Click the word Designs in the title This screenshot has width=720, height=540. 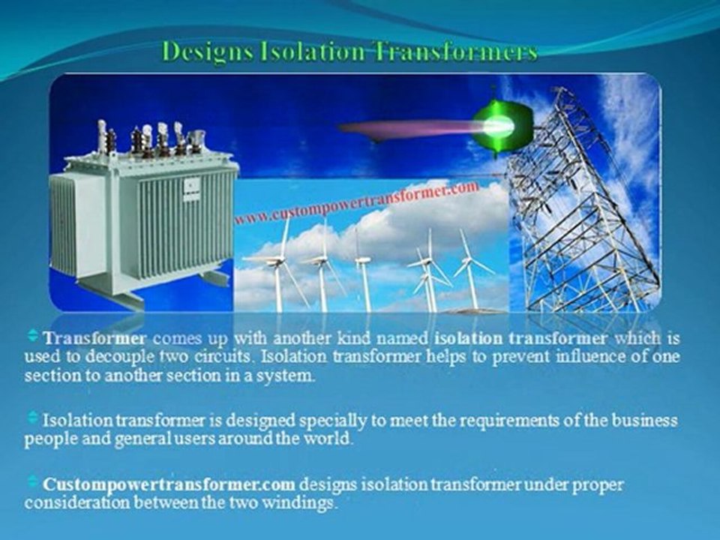point(208,51)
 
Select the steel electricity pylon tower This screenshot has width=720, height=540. point(583,202)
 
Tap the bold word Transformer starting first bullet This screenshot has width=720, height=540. point(95,339)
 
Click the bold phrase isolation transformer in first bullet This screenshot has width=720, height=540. point(520,339)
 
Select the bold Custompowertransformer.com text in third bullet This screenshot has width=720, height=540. point(169,484)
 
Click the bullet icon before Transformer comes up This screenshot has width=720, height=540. point(32,336)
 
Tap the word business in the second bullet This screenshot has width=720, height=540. point(645,421)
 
